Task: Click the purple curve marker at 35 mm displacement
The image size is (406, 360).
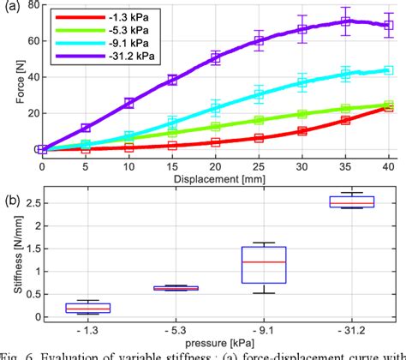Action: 345,22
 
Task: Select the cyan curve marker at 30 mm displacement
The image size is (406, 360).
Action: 302,83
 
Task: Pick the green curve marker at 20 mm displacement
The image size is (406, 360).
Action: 215,125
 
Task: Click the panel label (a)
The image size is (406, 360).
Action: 10,7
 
